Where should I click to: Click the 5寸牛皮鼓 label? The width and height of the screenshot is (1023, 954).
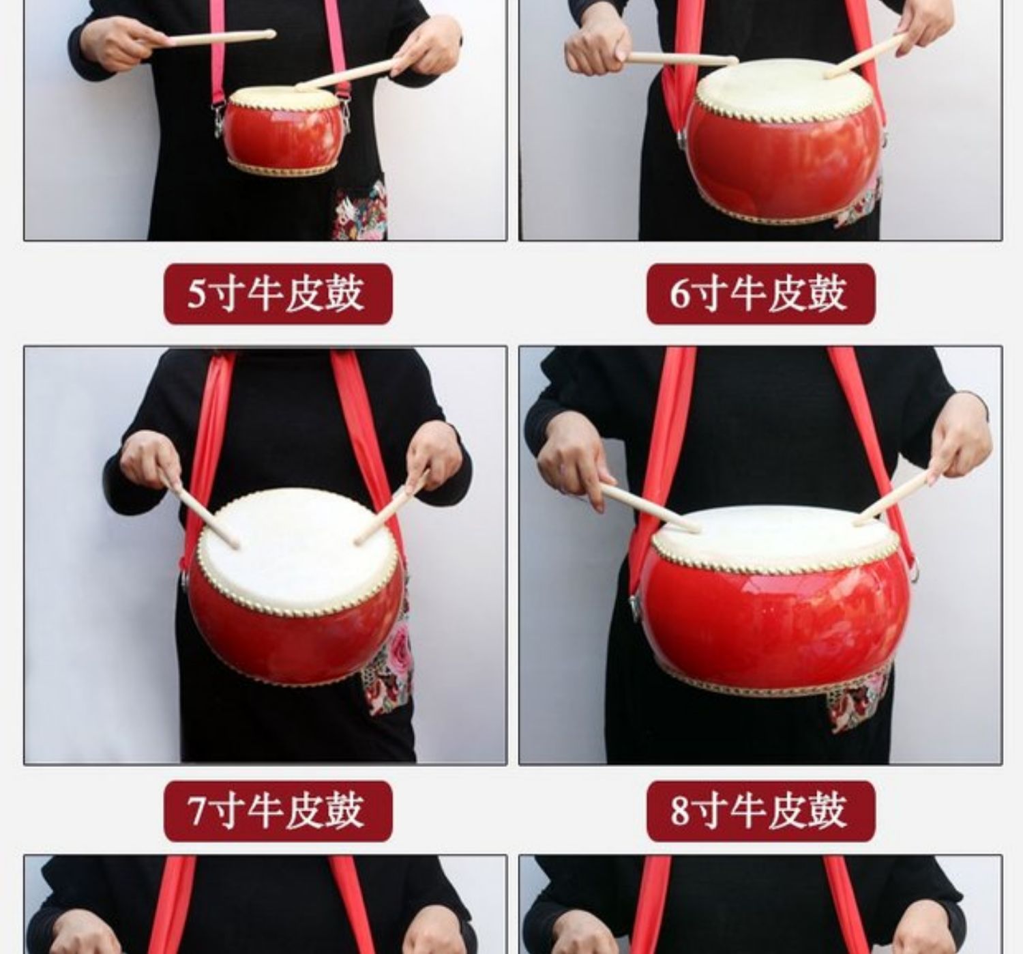click(278, 294)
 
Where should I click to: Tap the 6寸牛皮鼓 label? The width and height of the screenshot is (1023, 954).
click(761, 294)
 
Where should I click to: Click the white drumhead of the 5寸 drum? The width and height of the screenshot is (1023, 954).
click(282, 98)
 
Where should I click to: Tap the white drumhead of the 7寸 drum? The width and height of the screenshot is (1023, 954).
click(298, 552)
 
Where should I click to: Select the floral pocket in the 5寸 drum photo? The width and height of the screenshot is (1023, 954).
click(361, 210)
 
